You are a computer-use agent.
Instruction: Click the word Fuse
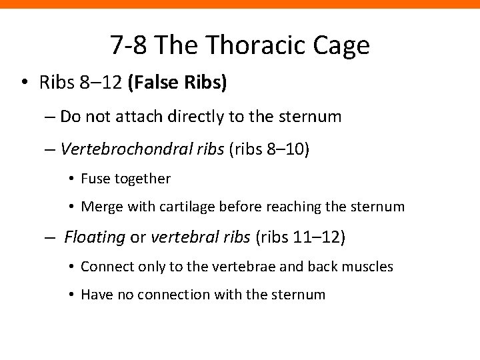pos(94,179)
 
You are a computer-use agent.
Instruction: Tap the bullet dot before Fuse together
pos(71,179)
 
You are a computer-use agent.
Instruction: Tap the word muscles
pos(369,267)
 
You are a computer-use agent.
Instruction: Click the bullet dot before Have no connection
pos(71,295)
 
